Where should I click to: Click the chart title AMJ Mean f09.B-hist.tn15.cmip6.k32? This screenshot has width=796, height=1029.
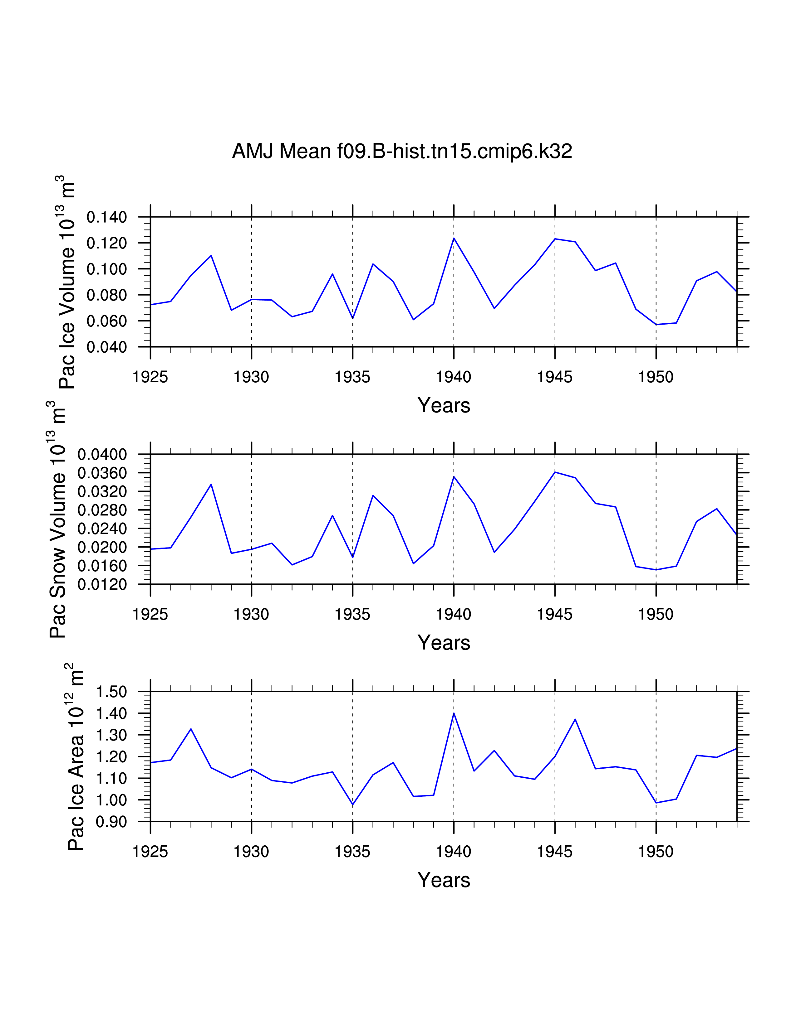[402, 151]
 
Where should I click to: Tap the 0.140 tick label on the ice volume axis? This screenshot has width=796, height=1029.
[106, 217]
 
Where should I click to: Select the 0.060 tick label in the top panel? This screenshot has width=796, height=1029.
[106, 321]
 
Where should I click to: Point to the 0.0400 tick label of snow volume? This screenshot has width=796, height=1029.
[102, 455]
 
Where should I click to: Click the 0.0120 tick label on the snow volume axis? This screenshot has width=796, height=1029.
[102, 585]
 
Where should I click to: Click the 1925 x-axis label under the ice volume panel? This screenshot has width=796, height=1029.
[150, 377]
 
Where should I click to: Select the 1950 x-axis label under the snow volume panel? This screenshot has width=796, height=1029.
[656, 614]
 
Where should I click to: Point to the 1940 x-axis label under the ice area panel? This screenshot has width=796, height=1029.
[454, 852]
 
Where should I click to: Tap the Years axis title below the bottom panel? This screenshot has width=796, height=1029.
[444, 880]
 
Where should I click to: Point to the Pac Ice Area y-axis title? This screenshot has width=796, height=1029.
[76, 757]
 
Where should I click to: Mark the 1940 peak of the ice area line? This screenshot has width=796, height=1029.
[454, 713]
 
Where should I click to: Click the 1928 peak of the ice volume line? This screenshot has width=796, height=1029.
[211, 255]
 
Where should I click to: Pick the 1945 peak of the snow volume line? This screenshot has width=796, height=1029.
[555, 472]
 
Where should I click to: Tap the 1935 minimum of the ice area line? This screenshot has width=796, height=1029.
[353, 805]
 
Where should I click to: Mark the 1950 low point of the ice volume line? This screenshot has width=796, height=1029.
[656, 325]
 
